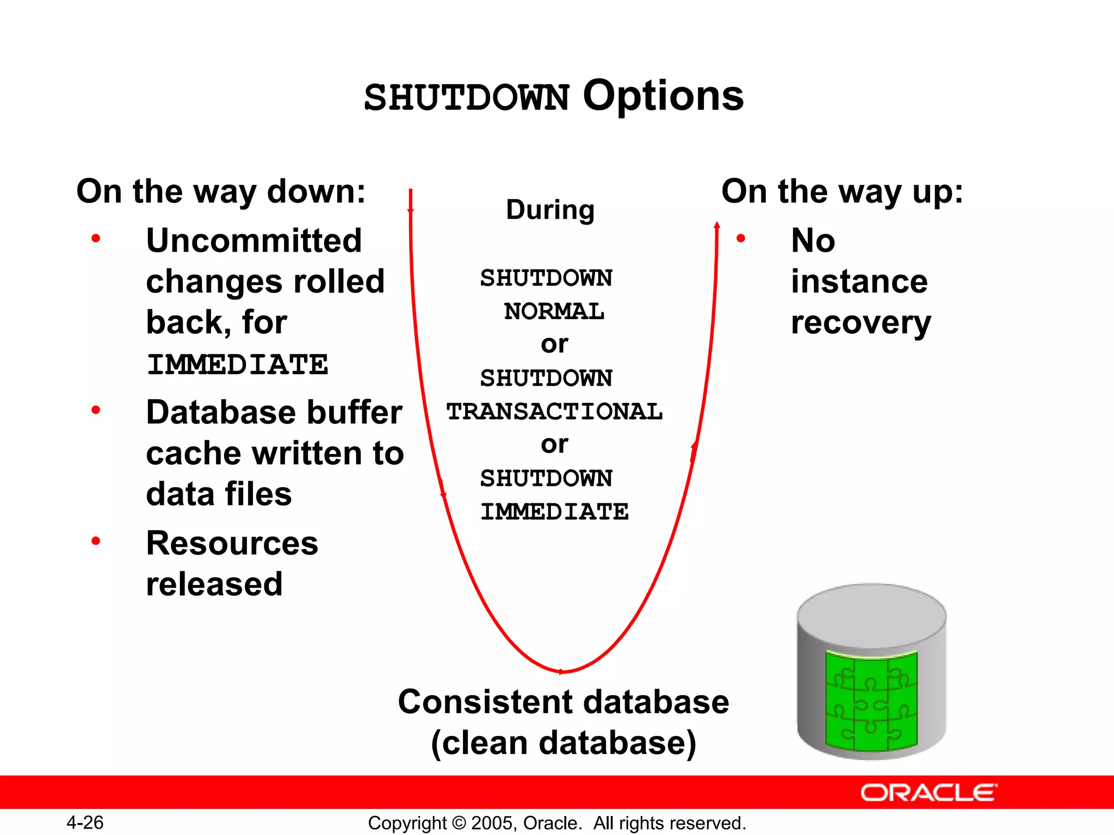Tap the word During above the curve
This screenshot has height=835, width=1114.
click(x=550, y=210)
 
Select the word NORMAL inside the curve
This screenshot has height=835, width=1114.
click(x=554, y=311)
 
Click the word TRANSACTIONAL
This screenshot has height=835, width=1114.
click(x=554, y=412)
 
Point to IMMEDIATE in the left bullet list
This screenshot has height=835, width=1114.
click(x=238, y=364)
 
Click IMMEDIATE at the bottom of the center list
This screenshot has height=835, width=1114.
click(x=554, y=512)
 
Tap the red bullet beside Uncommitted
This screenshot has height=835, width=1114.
click(x=96, y=238)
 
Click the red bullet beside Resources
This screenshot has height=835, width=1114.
click(x=96, y=540)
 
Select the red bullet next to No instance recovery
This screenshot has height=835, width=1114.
click(x=740, y=238)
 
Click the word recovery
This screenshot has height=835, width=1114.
click(x=861, y=323)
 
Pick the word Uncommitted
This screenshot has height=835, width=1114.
click(x=254, y=241)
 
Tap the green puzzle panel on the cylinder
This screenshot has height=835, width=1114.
click(x=871, y=701)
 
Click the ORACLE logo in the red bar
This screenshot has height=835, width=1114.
click(x=929, y=793)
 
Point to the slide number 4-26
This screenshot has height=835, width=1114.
click(x=85, y=822)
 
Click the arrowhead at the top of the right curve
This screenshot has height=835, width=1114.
click(x=717, y=225)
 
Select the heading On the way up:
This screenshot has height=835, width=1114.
click(x=842, y=192)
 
